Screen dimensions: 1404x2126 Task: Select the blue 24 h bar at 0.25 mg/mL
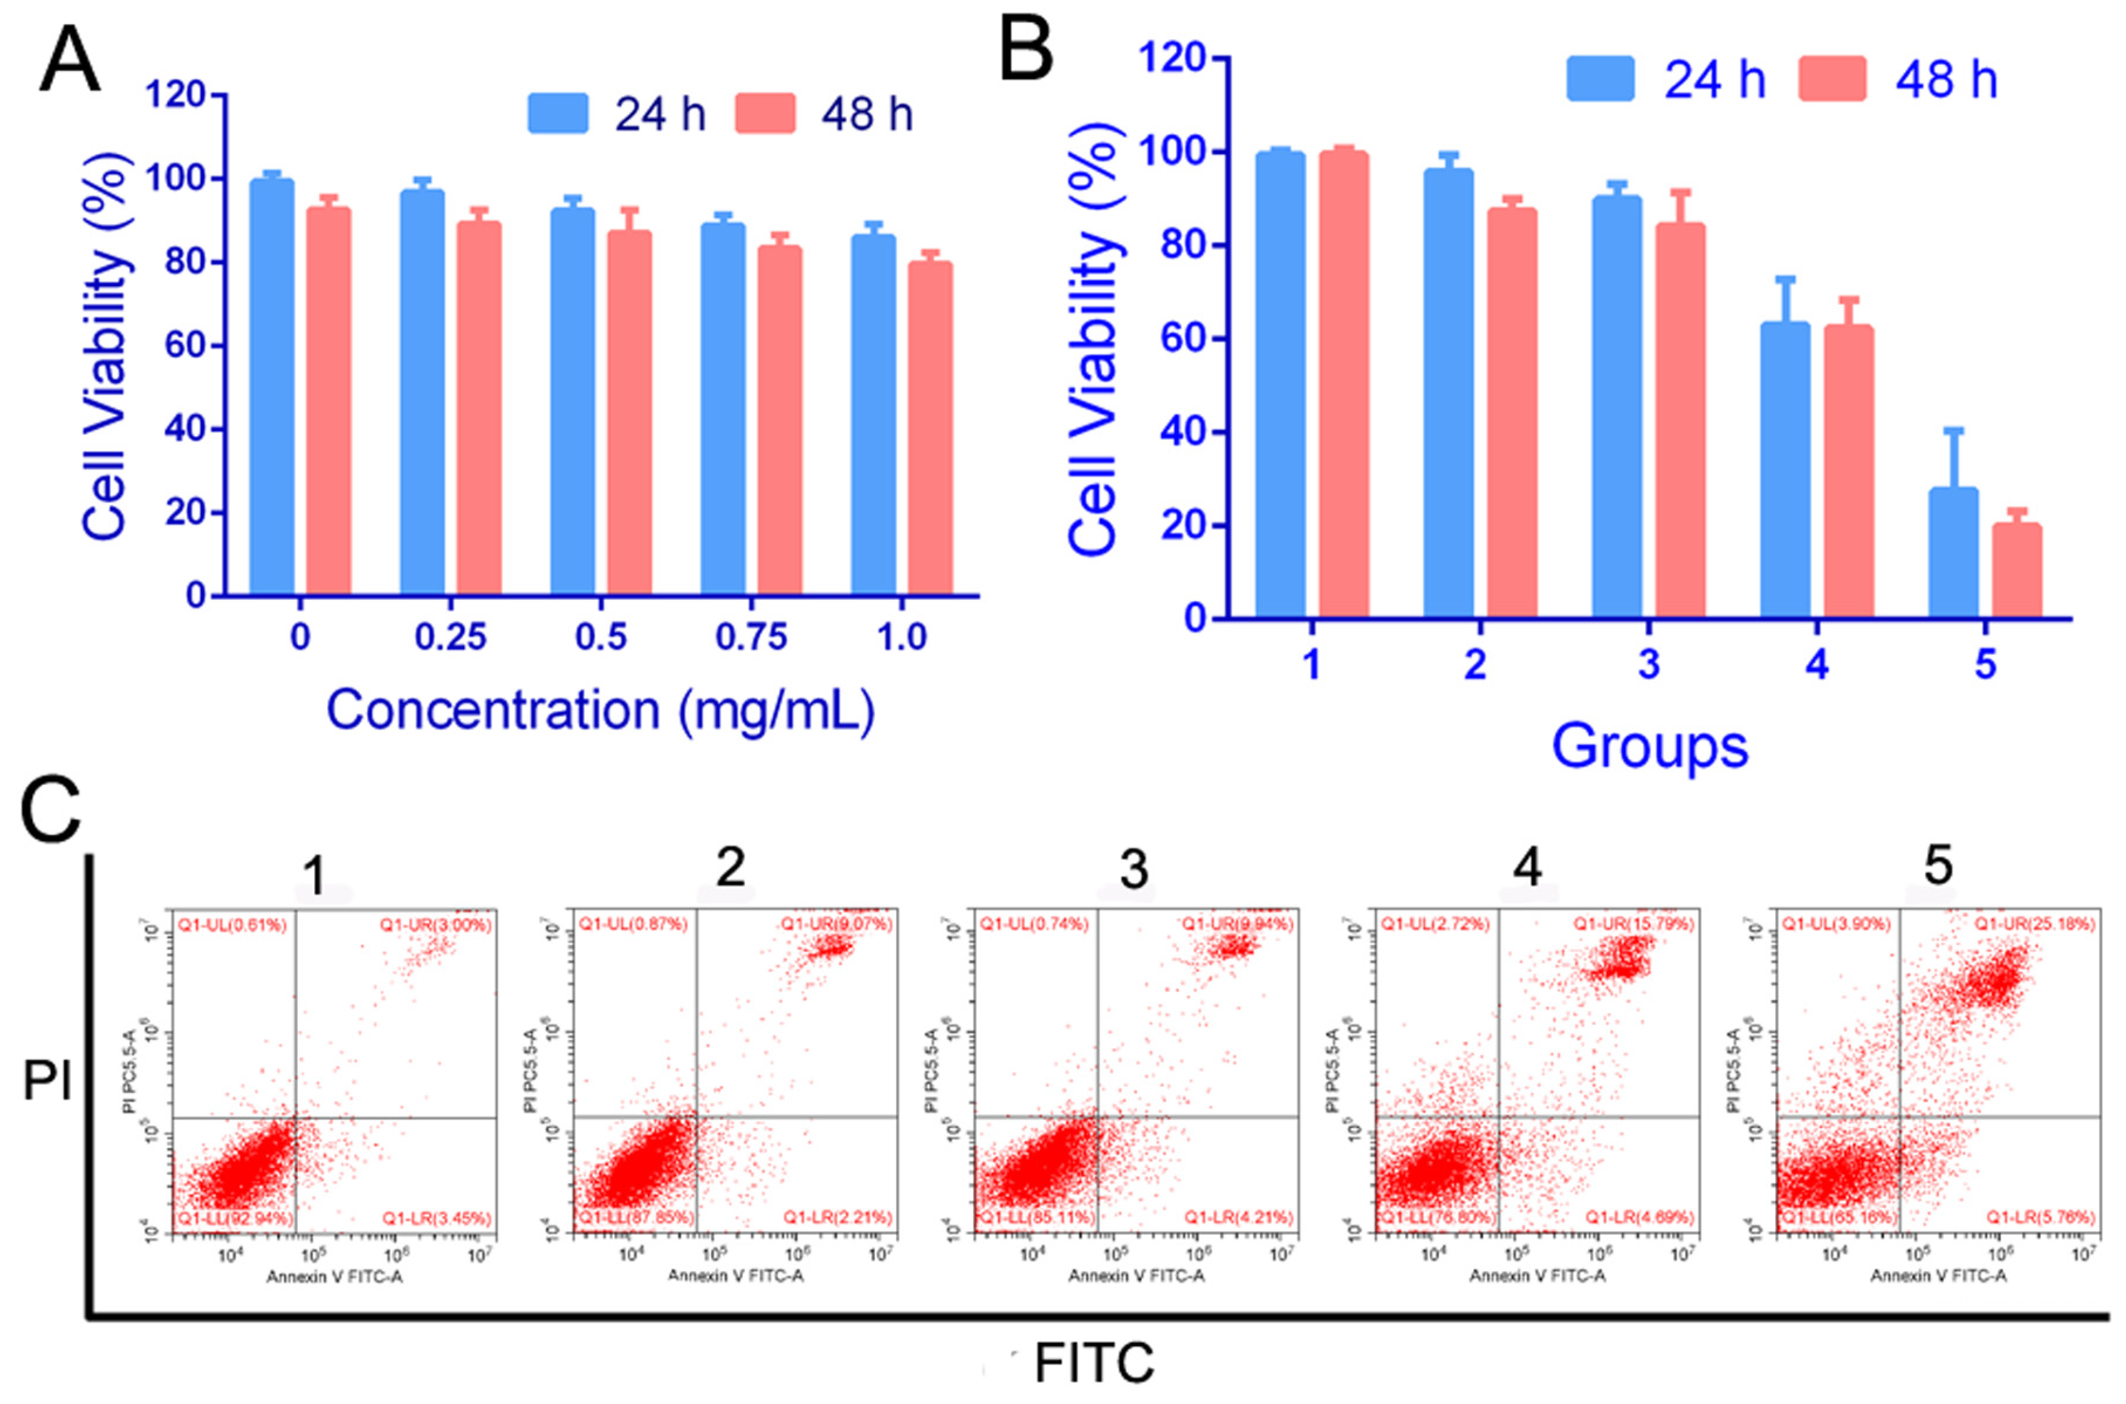[x=422, y=394]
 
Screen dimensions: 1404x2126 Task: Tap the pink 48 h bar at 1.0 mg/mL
[x=930, y=430]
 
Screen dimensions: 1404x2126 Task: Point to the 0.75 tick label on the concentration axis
[x=751, y=637]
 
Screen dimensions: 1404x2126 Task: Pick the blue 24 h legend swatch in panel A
[x=557, y=114]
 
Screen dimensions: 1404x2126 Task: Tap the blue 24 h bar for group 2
[x=1448, y=394]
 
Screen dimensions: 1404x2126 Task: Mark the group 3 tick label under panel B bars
[x=1648, y=664]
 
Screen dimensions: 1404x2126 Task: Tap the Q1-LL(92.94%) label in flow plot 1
[x=235, y=1218]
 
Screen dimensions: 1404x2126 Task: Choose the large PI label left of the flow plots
[x=47, y=1081]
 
